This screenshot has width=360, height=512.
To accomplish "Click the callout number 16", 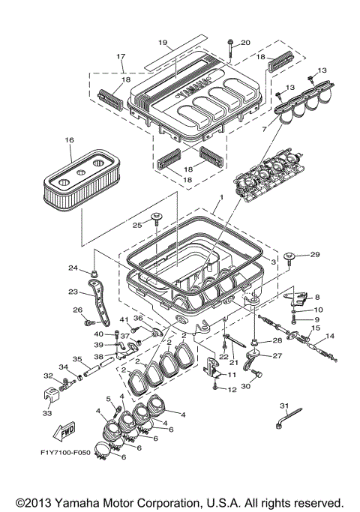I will pos(70,139).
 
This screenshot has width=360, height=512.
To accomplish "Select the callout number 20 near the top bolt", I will pos(245,43).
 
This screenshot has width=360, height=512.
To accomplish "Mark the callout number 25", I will pos(137,225).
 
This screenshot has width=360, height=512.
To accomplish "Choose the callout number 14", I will pos(331,336).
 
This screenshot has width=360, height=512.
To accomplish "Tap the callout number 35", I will pos(76,359).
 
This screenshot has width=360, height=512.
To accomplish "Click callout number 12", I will pos(232,389).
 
